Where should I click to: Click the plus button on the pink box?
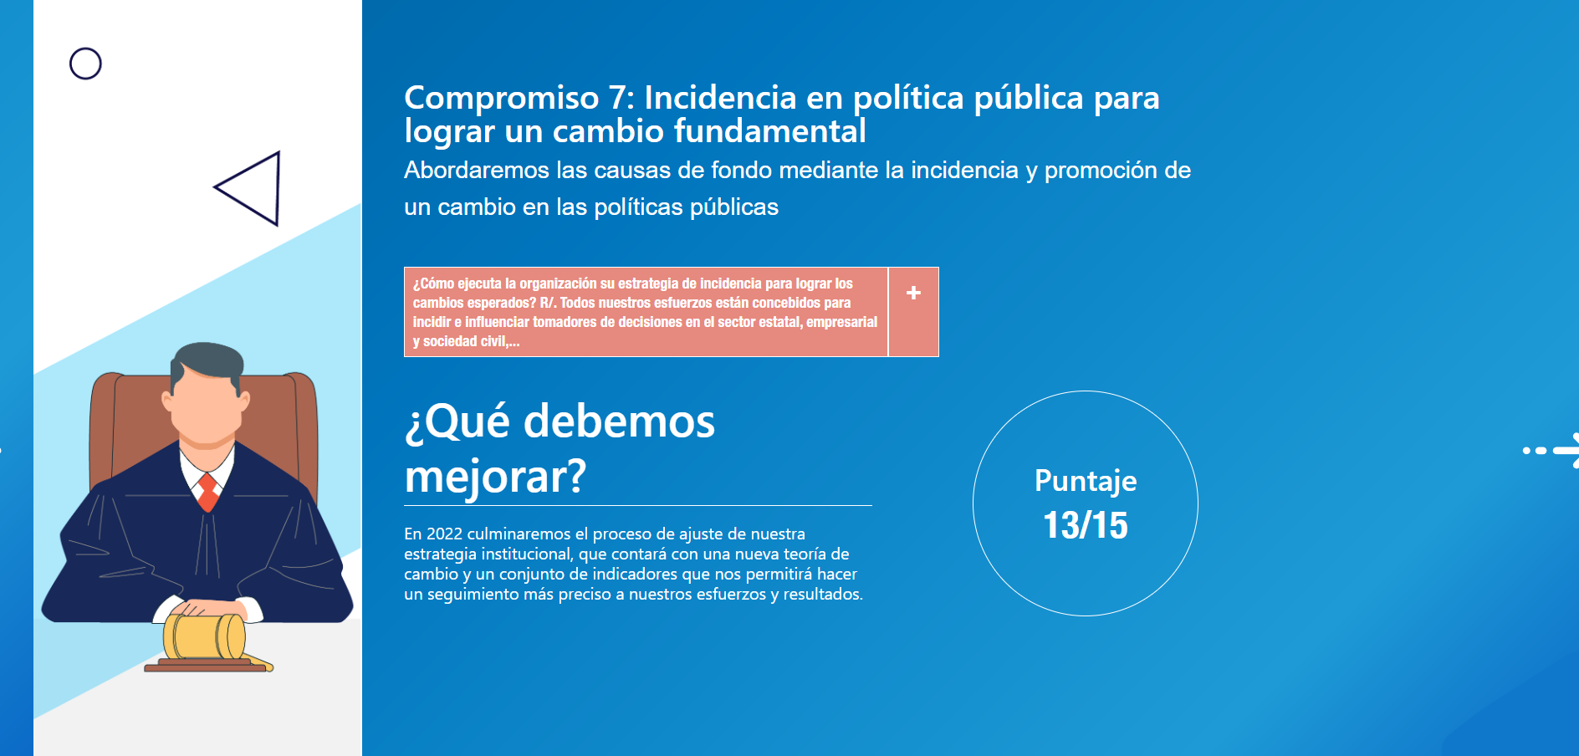point(913,293)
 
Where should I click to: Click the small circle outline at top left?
point(85,48)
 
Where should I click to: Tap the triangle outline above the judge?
point(277,189)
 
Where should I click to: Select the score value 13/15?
point(1086,525)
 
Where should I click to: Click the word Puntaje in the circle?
point(1086,482)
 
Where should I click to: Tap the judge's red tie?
point(207,493)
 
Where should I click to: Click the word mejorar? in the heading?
point(495,477)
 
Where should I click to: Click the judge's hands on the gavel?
point(208,607)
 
